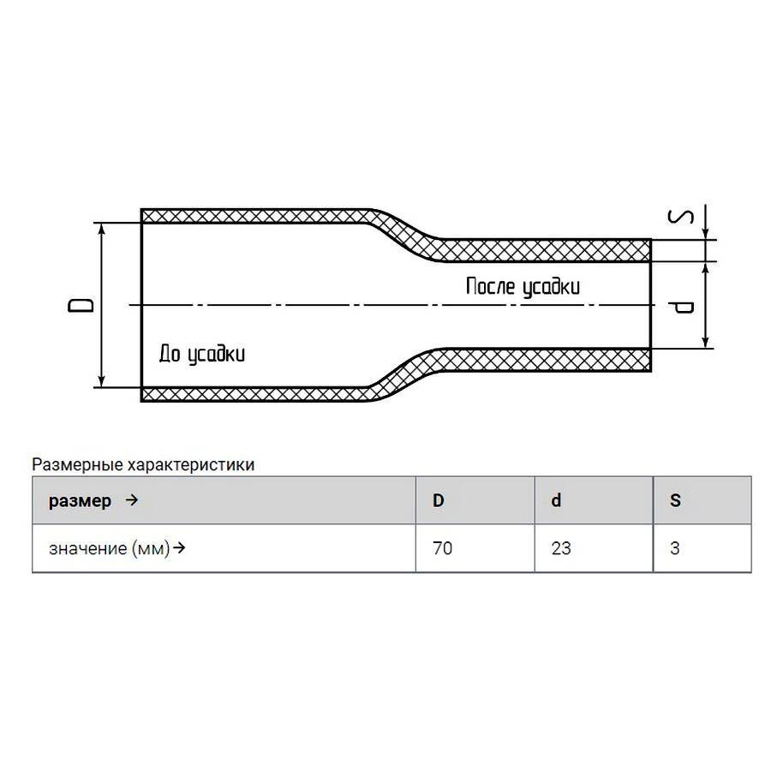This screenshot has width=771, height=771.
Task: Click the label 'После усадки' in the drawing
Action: tap(523, 287)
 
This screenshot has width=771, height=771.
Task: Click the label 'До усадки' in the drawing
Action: tap(201, 354)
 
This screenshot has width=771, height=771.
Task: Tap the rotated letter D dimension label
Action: tap(81, 305)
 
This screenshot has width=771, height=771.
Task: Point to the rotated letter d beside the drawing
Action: tap(682, 308)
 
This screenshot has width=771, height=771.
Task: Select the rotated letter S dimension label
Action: tap(681, 217)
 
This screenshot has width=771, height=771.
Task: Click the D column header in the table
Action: tap(438, 500)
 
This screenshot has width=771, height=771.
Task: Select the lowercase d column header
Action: tap(556, 500)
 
